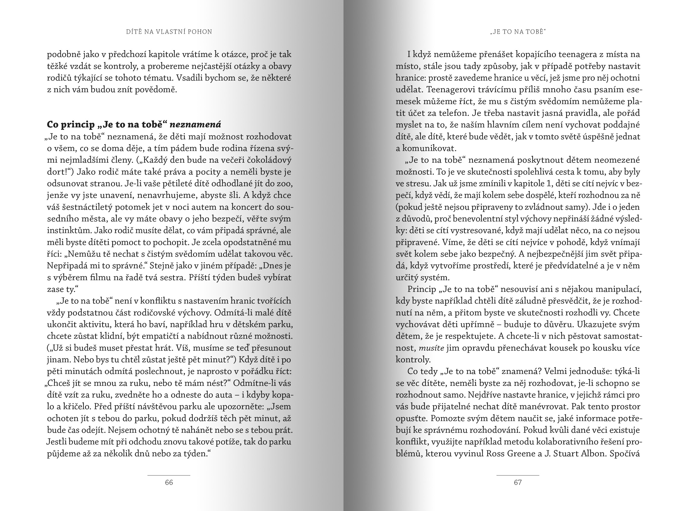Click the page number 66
pos(169,482)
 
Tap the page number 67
pos(518,482)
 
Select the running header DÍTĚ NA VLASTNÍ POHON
pos(169,32)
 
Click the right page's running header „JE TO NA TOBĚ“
pos(518,32)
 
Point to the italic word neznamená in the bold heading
pos(196,124)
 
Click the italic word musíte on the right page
pos(431,348)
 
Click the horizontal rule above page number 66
pos(169,475)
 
